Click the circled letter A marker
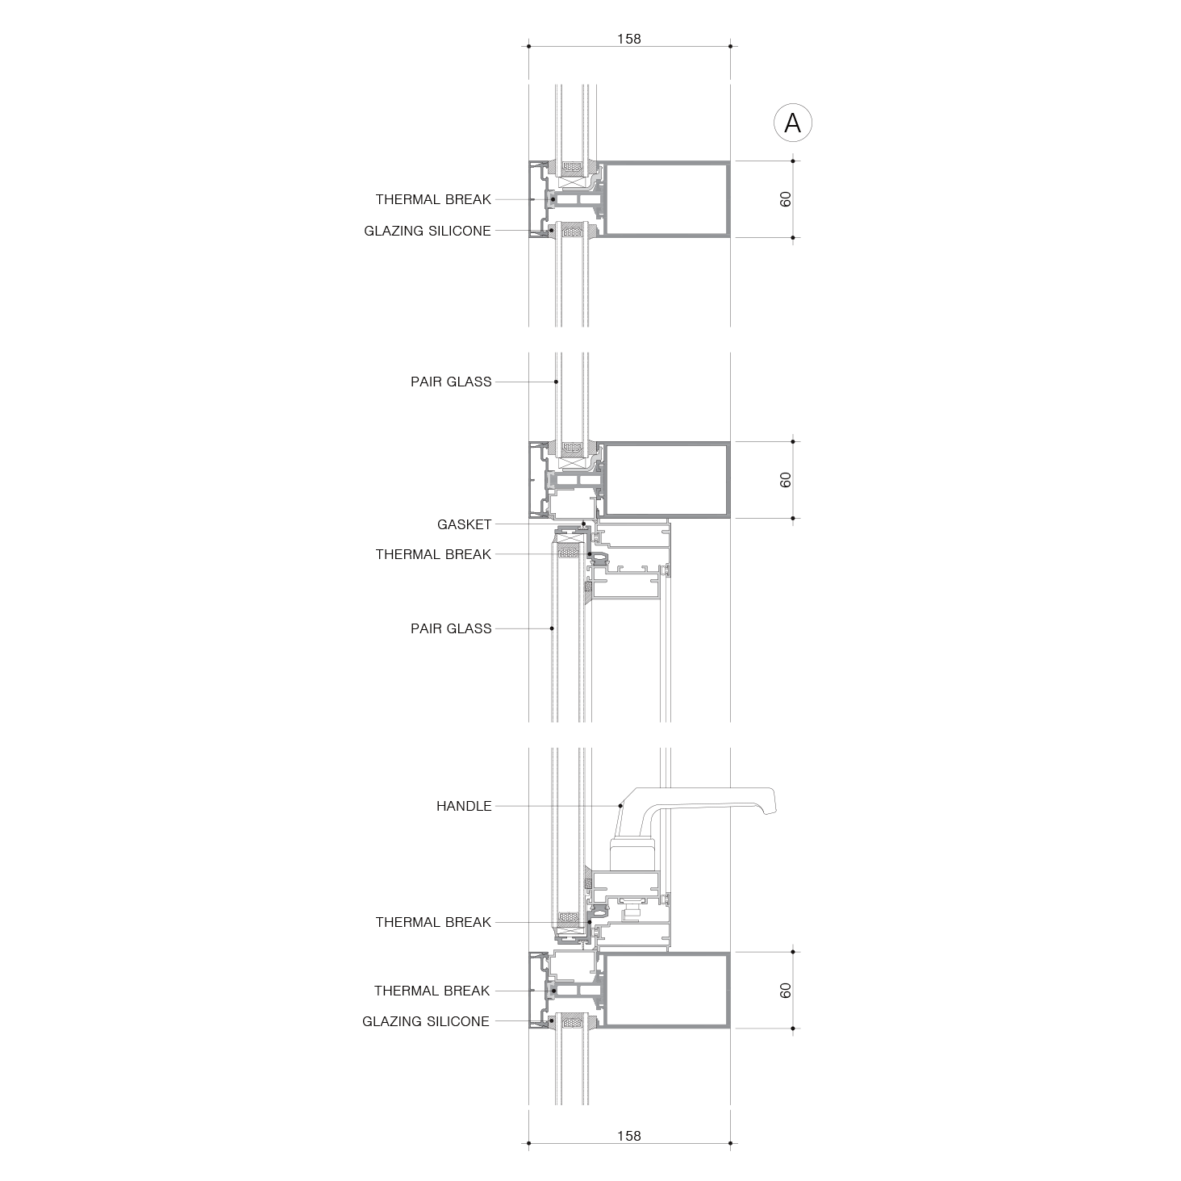coord(792,123)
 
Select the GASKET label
coord(464,524)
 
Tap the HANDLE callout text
coord(464,806)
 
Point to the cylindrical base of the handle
coord(634,856)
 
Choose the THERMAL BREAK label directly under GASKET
coord(433,555)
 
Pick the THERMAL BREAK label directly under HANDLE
coord(433,922)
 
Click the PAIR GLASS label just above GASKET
coord(451,382)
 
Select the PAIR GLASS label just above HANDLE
coord(451,628)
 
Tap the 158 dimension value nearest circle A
coord(628,40)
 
